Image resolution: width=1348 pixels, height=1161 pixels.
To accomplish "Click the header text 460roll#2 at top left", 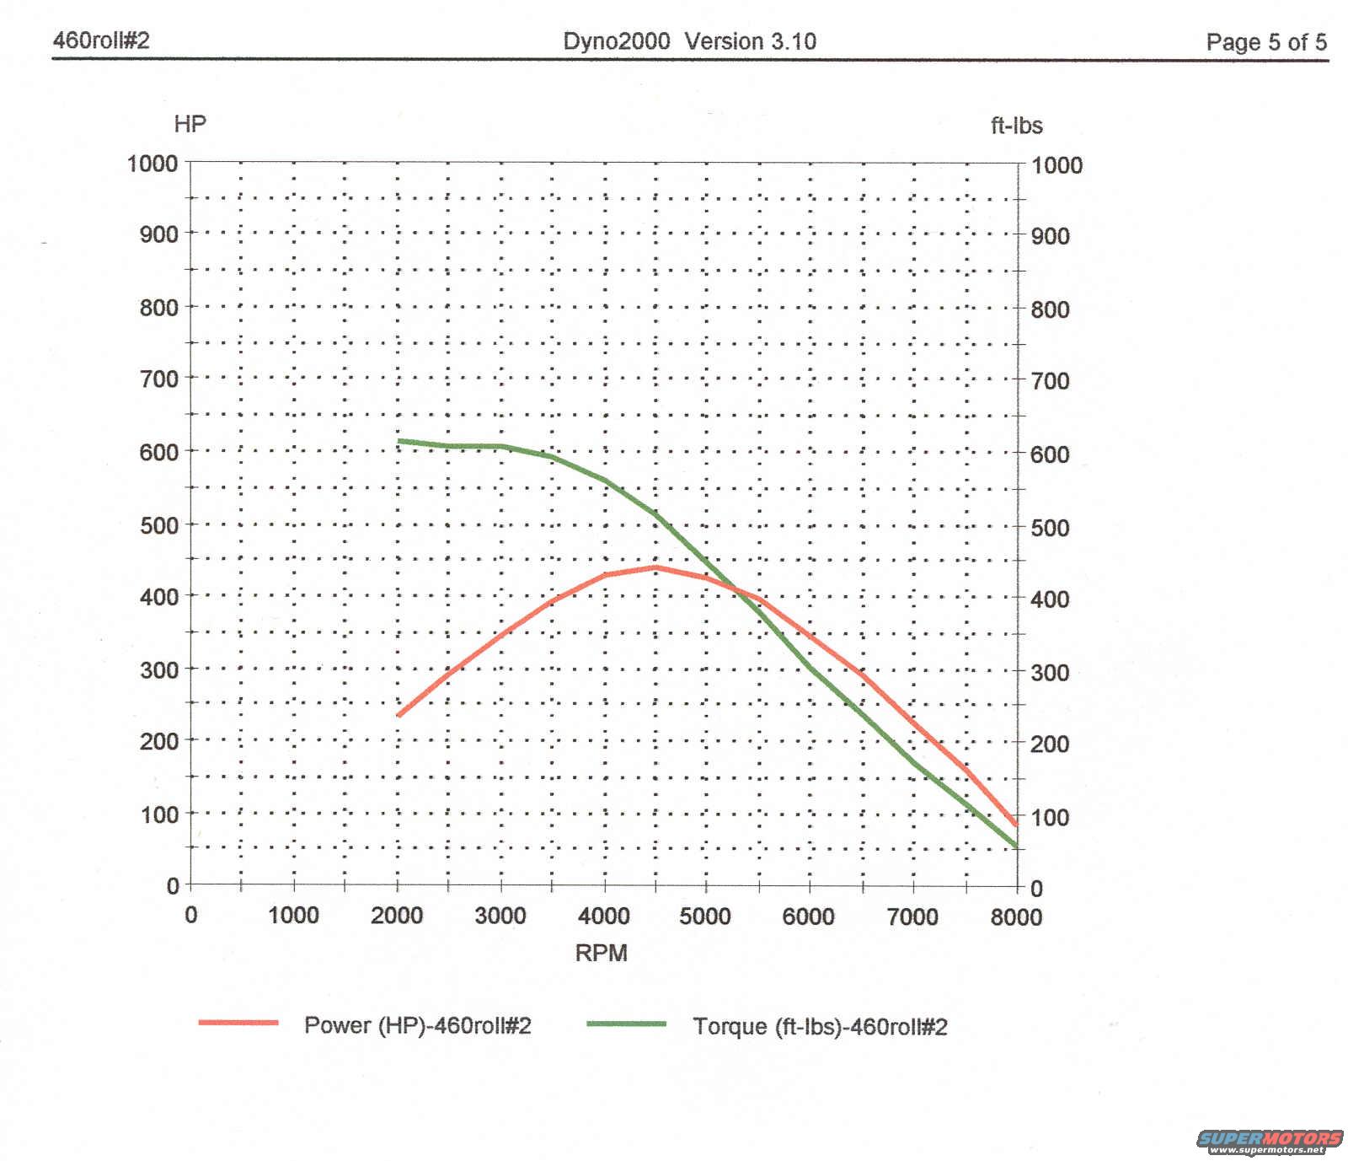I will point(101,40).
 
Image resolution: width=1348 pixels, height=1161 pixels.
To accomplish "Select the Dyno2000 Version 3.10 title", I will point(689,41).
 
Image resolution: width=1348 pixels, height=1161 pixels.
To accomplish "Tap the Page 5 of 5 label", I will point(1265,42).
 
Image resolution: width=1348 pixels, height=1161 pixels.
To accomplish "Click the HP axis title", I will point(190,125).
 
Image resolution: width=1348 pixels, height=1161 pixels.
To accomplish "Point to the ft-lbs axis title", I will point(1016,126).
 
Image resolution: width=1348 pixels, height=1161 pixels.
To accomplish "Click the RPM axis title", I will point(601,953).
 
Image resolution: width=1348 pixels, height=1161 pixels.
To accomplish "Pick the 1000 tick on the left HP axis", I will point(152,163).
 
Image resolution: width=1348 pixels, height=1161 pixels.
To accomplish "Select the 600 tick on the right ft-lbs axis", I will point(1050,454).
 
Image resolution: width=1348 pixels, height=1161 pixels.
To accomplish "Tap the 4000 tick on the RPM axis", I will point(604,916).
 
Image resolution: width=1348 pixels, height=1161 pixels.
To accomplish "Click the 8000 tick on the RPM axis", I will point(1016,916).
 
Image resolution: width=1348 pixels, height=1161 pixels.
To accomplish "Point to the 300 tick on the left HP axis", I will point(158,669).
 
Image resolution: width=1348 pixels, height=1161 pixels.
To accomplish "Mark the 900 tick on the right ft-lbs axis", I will point(1050,236).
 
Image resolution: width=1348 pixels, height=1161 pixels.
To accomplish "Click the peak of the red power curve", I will point(655,567).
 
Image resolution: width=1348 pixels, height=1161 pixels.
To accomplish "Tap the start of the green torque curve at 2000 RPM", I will point(399,441).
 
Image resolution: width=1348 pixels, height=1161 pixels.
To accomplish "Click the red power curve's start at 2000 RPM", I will point(399,715).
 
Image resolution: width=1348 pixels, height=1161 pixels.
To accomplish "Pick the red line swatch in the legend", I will point(238,1023).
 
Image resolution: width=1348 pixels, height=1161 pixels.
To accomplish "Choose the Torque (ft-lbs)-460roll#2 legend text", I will point(820,1026).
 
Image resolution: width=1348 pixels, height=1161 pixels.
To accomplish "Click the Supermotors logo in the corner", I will point(1270,1141).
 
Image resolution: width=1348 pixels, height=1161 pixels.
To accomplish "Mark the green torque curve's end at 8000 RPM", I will point(1015,845).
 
